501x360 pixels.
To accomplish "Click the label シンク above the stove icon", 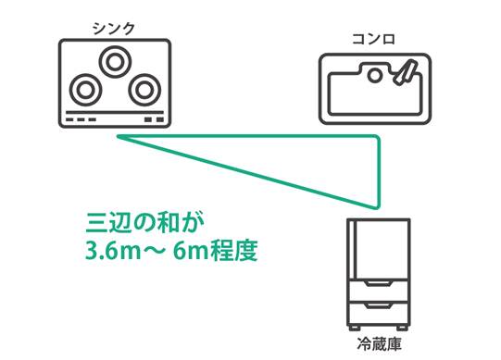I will click(x=114, y=29).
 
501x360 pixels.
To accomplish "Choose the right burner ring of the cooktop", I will click(x=144, y=90).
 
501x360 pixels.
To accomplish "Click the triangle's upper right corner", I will click(x=378, y=139).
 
